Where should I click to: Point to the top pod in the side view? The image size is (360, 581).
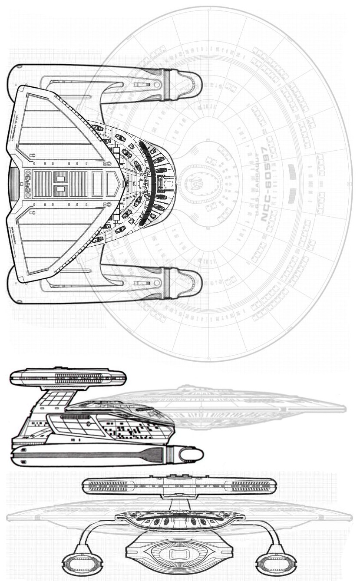[67, 376]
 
